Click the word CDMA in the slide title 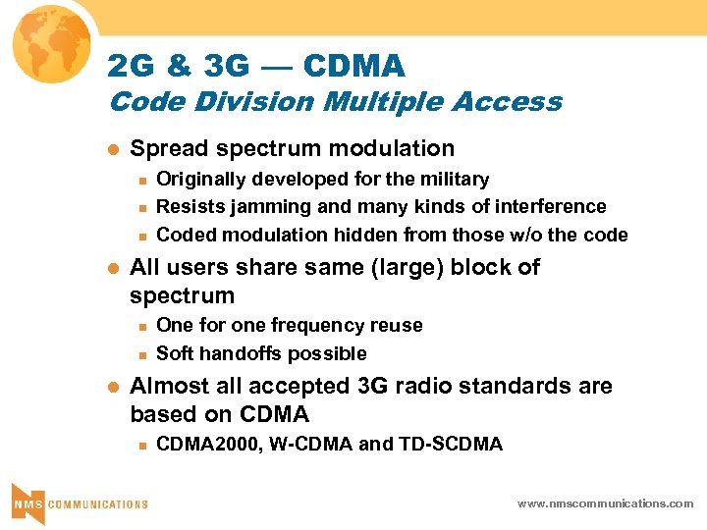(354, 67)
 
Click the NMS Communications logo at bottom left (79, 503)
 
